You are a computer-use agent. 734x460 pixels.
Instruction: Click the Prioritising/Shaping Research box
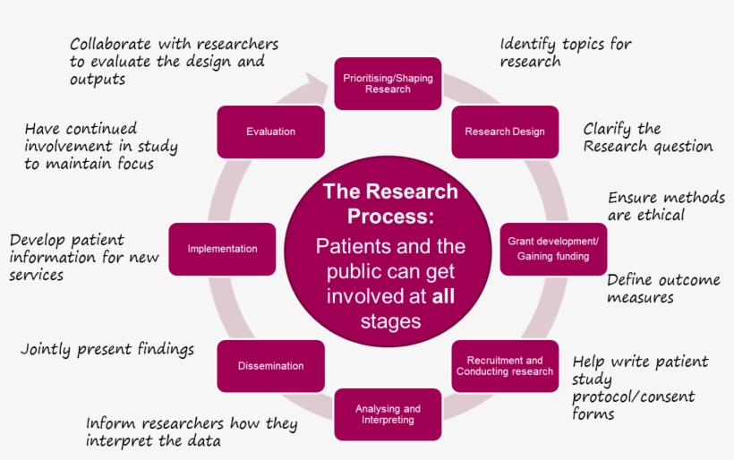point(388,84)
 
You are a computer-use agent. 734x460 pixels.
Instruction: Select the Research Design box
point(504,132)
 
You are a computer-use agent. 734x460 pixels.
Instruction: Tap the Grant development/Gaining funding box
point(553,249)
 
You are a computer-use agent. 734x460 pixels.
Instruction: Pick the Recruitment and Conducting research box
point(504,366)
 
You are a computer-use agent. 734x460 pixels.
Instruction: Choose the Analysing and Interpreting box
point(388,414)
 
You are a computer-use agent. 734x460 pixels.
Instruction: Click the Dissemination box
point(270,366)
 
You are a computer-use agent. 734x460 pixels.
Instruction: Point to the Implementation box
point(222,249)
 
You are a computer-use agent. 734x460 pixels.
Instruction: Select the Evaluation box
point(270,132)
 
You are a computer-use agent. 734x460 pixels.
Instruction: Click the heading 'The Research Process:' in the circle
point(389,204)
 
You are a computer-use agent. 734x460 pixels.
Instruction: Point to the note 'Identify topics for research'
point(565,52)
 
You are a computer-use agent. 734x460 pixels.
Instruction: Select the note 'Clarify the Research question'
point(647,137)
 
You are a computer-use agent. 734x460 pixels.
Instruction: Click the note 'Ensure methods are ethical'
point(665,206)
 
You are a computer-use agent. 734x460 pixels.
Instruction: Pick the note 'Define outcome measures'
point(662,288)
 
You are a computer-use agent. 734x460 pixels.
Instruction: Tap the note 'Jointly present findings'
point(107,349)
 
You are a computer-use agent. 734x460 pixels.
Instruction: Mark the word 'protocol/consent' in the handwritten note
point(633,396)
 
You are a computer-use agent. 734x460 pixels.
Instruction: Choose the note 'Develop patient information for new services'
point(83,258)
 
